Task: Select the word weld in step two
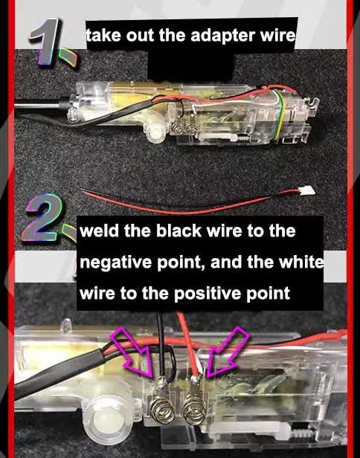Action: [x=99, y=231]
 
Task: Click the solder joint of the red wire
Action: [x=195, y=385]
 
